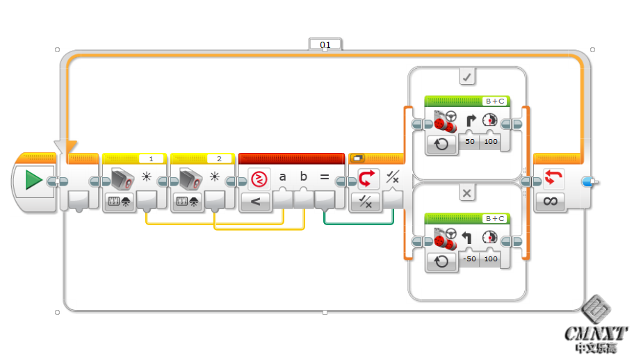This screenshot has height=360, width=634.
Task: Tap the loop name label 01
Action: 325,44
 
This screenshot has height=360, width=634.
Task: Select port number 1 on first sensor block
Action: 151,159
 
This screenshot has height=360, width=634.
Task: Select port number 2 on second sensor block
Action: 219,159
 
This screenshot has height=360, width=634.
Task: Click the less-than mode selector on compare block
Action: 255,202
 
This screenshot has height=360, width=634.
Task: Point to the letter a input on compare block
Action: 282,177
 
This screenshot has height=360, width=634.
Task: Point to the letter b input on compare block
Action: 303,177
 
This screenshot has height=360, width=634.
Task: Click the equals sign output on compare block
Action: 324,177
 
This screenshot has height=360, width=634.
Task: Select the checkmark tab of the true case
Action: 467,76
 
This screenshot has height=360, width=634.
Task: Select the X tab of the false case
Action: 467,193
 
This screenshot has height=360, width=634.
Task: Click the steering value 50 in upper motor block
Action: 470,142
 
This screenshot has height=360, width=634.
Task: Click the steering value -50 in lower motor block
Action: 470,259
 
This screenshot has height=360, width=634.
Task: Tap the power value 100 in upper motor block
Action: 491,142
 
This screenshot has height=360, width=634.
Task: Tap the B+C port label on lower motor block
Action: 494,218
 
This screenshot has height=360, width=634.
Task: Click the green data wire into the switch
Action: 358,223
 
